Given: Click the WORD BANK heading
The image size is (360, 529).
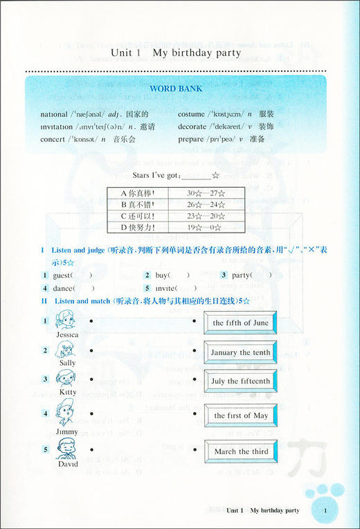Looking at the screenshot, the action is pyautogui.click(x=177, y=89).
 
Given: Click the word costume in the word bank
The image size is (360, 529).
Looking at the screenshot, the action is pyautogui.click(x=190, y=114).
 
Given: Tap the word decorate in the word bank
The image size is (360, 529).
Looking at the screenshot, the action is pyautogui.click(x=192, y=127).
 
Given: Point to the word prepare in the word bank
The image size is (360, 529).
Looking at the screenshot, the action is pyautogui.click(x=190, y=139).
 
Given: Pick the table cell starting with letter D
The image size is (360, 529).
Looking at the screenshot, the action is pyautogui.click(x=137, y=226).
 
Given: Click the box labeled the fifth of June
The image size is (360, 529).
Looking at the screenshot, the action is pyautogui.click(x=240, y=323).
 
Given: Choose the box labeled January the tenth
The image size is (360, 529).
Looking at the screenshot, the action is pyautogui.click(x=240, y=352).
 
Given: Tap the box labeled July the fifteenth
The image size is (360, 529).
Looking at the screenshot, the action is pyautogui.click(x=240, y=381).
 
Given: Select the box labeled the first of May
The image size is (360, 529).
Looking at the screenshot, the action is pyautogui.click(x=240, y=415).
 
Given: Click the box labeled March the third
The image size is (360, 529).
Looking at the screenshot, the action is pyautogui.click(x=240, y=451).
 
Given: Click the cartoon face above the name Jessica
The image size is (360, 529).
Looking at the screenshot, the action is pyautogui.click(x=66, y=320).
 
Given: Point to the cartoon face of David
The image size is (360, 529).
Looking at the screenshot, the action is pyautogui.click(x=66, y=448).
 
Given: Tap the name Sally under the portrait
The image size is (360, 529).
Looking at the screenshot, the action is pyautogui.click(x=67, y=362).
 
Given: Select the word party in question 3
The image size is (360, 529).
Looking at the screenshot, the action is pyautogui.click(x=242, y=276).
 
